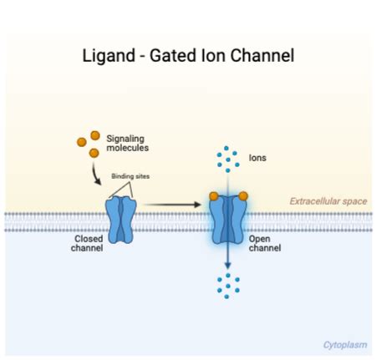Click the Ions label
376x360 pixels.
point(258,156)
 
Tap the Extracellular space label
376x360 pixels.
point(328,201)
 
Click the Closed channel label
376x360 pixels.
point(88,242)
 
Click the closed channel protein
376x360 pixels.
point(120,221)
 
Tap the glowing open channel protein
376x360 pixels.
point(228,222)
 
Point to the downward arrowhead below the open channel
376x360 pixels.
point(228,266)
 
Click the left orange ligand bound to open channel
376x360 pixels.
point(213,196)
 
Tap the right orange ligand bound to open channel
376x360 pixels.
point(243,196)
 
